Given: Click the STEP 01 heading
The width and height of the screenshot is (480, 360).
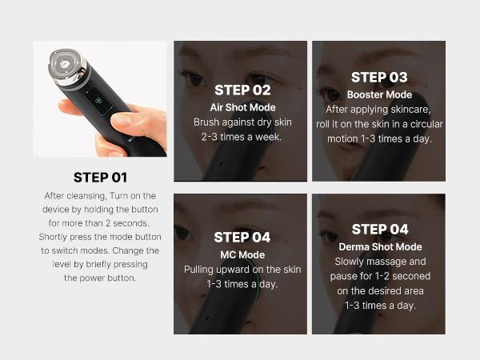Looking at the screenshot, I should tap(100, 177).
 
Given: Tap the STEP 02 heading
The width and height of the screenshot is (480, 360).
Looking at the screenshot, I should tap(242, 90).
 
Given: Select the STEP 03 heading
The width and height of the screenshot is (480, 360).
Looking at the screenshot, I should tap(378, 77).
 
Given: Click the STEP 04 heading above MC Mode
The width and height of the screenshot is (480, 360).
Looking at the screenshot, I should tap(242, 237).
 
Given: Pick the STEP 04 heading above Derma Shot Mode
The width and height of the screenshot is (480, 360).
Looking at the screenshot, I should tap(380, 230).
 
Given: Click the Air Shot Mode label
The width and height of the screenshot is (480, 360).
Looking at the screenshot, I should tap(242, 107).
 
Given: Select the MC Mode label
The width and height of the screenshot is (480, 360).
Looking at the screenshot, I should tap(242, 254).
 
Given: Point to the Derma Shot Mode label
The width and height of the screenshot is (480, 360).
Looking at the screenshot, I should tap(380, 246).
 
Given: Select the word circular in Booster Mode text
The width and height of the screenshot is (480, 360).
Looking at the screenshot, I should tap(425, 124).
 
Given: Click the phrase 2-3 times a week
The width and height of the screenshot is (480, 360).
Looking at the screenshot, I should tap(242, 137).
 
